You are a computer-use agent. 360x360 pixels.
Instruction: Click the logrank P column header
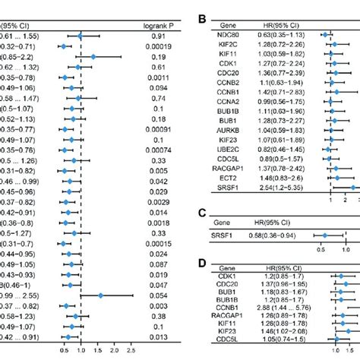click(x=163, y=26)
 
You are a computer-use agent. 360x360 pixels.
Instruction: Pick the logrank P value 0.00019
click(x=163, y=46)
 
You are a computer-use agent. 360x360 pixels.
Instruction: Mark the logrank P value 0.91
click(x=163, y=36)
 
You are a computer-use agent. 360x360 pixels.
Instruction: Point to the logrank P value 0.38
click(x=163, y=314)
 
